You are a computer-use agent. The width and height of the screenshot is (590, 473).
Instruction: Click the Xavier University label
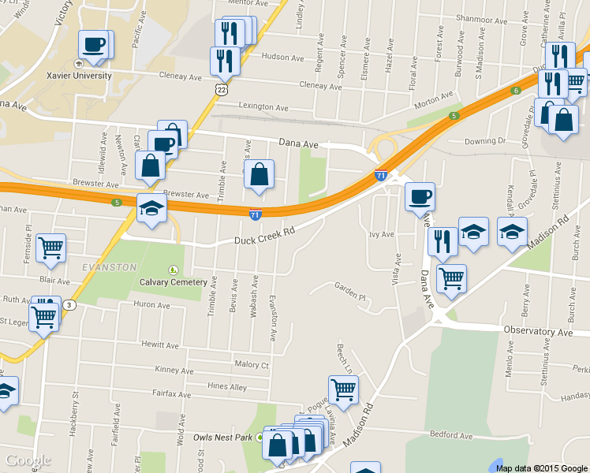(x=82, y=76)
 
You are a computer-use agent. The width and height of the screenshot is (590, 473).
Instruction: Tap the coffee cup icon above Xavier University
(x=94, y=46)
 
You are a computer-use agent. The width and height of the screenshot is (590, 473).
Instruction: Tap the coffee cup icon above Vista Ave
(x=420, y=196)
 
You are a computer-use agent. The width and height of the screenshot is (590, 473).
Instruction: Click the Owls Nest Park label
(x=223, y=437)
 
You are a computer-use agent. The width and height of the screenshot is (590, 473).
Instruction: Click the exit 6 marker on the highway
(x=516, y=91)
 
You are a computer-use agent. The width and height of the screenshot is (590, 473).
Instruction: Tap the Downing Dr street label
(x=484, y=141)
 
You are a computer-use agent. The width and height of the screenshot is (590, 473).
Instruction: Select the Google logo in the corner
(x=27, y=460)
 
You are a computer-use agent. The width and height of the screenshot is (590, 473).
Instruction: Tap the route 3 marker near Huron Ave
(x=71, y=305)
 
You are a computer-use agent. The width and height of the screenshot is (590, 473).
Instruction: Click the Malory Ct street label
(x=252, y=365)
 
